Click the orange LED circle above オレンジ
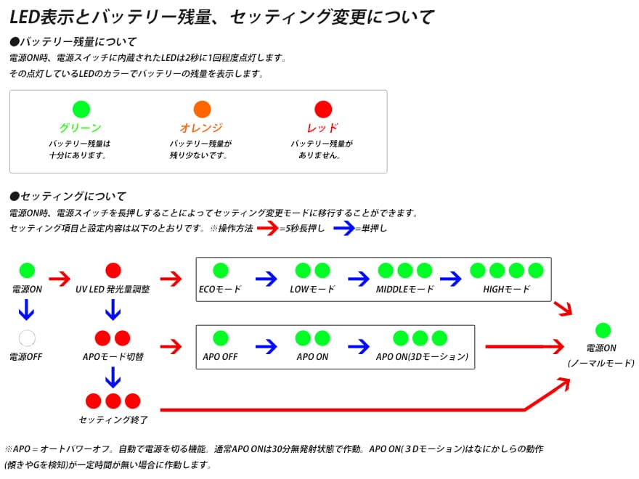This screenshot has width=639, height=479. click(203, 110)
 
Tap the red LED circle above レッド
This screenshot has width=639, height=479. click(323, 110)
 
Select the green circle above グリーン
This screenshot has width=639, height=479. click(81, 110)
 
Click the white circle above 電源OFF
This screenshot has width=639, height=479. click(27, 337)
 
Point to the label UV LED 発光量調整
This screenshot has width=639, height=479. click(113, 289)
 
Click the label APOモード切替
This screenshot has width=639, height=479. click(113, 356)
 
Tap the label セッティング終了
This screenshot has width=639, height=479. click(113, 419)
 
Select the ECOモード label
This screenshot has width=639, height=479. click(220, 289)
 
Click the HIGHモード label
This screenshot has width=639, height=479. click(506, 289)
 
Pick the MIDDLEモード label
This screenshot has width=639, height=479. click(404, 289)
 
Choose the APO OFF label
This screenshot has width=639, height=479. click(220, 356)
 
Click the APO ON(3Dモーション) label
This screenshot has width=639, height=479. click(422, 356)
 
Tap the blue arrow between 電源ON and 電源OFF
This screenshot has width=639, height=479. click(27, 310)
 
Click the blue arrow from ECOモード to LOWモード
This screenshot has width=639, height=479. click(266, 278)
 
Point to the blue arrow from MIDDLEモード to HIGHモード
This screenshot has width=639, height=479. click(450, 278)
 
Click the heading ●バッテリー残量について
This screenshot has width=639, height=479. click(73, 41)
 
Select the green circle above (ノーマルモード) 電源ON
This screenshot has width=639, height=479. click(602, 330)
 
